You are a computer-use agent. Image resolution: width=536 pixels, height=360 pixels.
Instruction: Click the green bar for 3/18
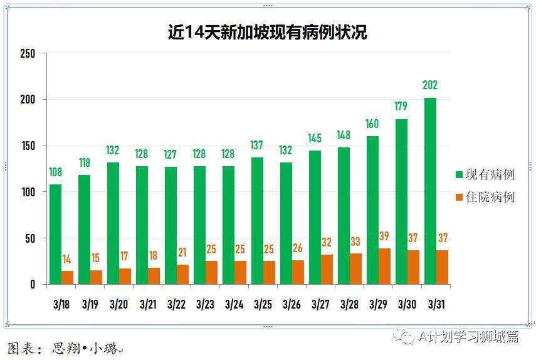point(56,235)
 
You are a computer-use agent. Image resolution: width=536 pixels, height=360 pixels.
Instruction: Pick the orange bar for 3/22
point(182,275)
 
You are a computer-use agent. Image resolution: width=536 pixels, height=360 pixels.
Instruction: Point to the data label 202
point(430,85)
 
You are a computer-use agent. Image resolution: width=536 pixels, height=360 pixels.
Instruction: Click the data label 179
point(401,107)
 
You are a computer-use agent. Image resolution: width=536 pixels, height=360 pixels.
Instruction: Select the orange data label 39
point(384,236)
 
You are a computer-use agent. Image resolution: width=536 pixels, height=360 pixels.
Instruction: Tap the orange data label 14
point(67,260)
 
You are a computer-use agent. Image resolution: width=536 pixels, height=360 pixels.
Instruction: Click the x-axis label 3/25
point(263,305)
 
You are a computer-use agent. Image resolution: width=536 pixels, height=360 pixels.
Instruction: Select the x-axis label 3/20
point(118,305)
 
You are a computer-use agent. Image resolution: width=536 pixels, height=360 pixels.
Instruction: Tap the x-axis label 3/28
point(349,305)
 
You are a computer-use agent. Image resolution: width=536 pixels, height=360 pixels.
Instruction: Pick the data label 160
point(372,124)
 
